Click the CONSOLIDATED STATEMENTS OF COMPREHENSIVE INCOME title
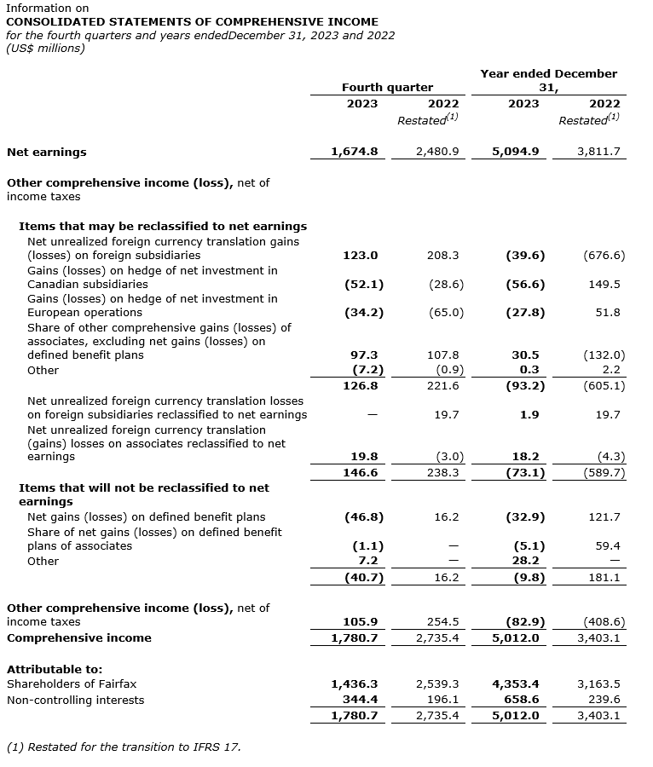(x=192, y=21)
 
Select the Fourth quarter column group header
(x=387, y=87)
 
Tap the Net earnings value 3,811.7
(x=599, y=152)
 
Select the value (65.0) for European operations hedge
(x=446, y=313)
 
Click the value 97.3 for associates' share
(x=364, y=355)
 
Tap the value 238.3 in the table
(x=443, y=472)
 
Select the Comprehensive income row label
(x=79, y=637)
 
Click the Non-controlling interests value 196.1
(x=443, y=700)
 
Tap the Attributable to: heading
(x=55, y=669)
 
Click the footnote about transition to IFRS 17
(x=124, y=747)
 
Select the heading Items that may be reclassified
(x=162, y=226)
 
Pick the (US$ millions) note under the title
(x=46, y=49)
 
